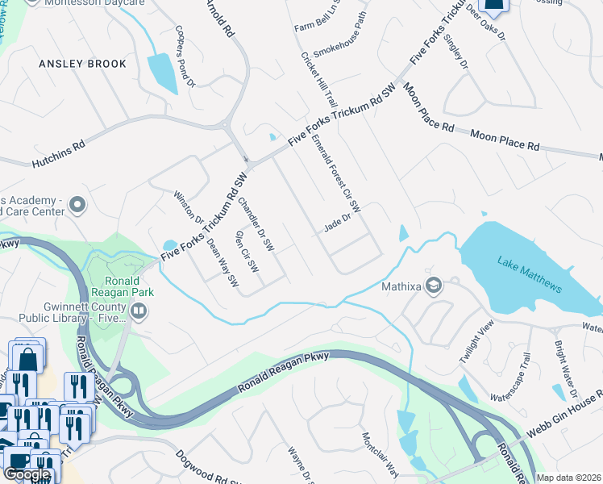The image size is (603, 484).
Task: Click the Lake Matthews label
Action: click(530, 274)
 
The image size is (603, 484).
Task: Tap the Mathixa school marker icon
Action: click(434, 286)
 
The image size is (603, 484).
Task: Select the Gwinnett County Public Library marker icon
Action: click(139, 311)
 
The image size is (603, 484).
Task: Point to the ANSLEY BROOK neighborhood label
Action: click(83, 64)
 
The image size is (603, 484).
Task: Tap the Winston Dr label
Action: click(189, 207)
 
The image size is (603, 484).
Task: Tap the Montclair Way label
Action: click(380, 455)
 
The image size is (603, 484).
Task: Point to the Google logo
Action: click(27, 474)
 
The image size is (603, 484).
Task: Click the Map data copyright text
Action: click(568, 478)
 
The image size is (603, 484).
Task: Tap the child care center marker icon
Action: click(77, 206)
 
